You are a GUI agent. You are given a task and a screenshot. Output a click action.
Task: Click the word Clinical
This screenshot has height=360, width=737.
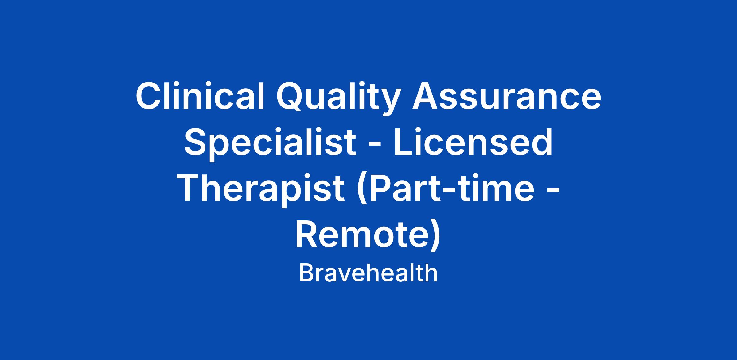tap(200, 96)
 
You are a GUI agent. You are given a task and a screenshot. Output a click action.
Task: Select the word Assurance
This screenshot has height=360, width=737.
tap(507, 96)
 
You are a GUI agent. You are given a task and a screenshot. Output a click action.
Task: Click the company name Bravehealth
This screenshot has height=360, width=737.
tap(368, 273)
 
